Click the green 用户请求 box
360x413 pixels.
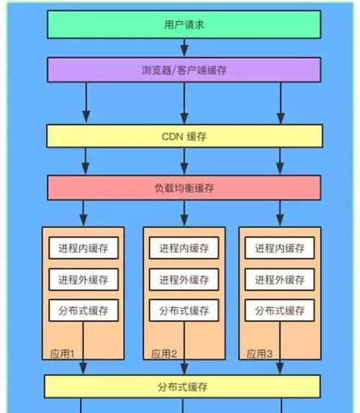[184, 24]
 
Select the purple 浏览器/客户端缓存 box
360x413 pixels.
[184, 70]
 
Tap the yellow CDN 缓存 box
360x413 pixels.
[184, 136]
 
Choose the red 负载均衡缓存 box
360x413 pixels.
[184, 188]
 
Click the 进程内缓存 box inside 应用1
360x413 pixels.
[84, 248]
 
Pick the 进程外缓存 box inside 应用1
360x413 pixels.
[84, 279]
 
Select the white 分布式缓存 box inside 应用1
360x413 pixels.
[84, 310]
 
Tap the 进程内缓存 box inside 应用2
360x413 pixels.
[184, 248]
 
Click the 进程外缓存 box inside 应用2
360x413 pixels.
[184, 279]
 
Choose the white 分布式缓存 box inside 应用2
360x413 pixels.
[184, 310]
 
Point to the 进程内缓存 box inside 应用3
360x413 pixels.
[279, 248]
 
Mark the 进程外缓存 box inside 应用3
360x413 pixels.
[279, 279]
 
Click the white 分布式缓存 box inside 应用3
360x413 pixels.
[279, 310]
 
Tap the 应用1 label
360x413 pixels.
[62, 354]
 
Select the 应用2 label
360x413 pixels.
[164, 354]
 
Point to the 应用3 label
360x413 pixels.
[259, 354]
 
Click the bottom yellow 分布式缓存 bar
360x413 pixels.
[182, 386]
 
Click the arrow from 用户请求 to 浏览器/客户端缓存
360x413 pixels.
[184, 47]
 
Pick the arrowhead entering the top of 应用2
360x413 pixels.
[184, 220]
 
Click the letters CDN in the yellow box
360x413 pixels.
[172, 137]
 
